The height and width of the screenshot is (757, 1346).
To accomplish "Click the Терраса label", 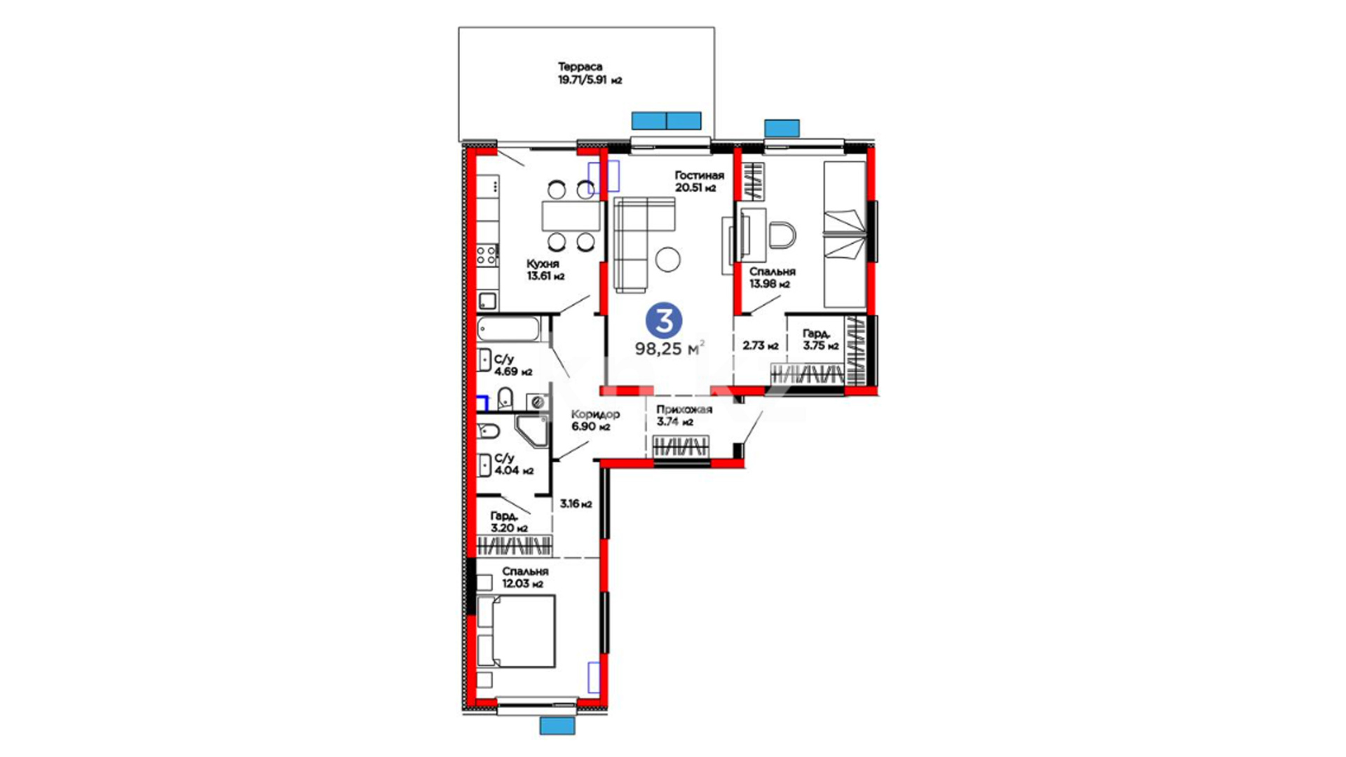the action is point(580,67).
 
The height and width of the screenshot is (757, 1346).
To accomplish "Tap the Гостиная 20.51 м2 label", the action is point(699,182).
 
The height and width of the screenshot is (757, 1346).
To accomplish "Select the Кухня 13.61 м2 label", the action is point(545,270).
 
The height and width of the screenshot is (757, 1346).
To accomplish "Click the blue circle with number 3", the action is point(663,321).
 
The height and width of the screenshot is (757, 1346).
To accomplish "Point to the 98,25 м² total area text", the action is point(669,348).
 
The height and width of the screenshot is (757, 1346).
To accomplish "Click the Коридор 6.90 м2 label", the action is point(595,421).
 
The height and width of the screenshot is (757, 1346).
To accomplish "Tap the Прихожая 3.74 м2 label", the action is point(684,416).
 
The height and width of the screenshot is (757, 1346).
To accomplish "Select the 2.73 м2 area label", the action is point(761,346).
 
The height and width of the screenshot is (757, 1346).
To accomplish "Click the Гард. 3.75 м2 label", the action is point(820,340).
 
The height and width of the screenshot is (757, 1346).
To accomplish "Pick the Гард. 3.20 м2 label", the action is point(509,522).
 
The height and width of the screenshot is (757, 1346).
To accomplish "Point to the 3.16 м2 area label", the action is point(576,504).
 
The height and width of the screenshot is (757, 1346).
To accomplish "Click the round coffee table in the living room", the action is point(667,260).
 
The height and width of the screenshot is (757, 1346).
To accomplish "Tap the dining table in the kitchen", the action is point(571,216).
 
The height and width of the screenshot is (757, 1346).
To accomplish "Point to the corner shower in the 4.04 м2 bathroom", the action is point(531,430).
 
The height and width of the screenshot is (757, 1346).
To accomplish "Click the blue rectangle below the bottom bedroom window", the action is point(557,725).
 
